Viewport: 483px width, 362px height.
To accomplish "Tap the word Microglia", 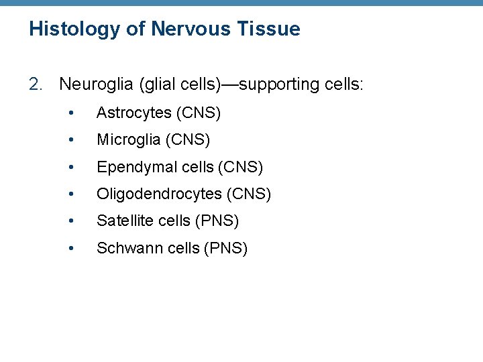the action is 128,140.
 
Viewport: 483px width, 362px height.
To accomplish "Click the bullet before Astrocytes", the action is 72,113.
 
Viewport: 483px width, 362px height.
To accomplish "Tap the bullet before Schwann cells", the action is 72,248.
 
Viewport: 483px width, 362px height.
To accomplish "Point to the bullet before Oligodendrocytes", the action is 72,194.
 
